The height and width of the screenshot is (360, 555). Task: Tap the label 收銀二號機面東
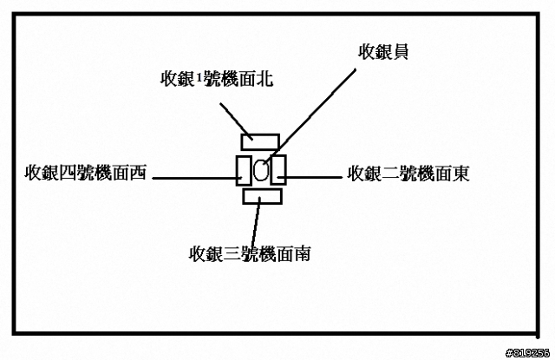pos(408,173)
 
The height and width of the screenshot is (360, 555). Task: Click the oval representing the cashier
pos(260,170)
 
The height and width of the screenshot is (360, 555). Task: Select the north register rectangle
pos(260,141)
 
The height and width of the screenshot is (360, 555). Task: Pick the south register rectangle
pos(263,197)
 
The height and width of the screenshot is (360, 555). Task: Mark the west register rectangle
pos(243,169)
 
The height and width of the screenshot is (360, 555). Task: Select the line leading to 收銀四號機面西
pos(195,180)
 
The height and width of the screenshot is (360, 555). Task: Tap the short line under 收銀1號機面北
pos(232,116)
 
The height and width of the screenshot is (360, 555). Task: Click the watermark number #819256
pos(527,352)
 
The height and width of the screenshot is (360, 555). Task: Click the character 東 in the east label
pos(460,173)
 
